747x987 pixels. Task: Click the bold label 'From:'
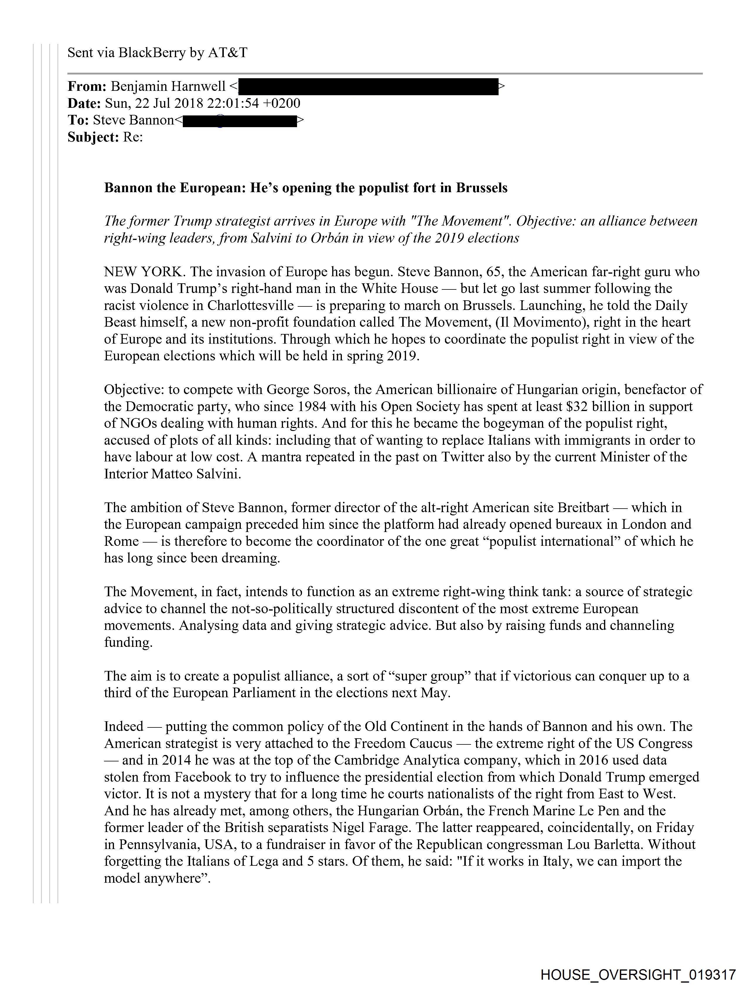point(87,86)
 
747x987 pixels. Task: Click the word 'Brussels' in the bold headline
point(482,188)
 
